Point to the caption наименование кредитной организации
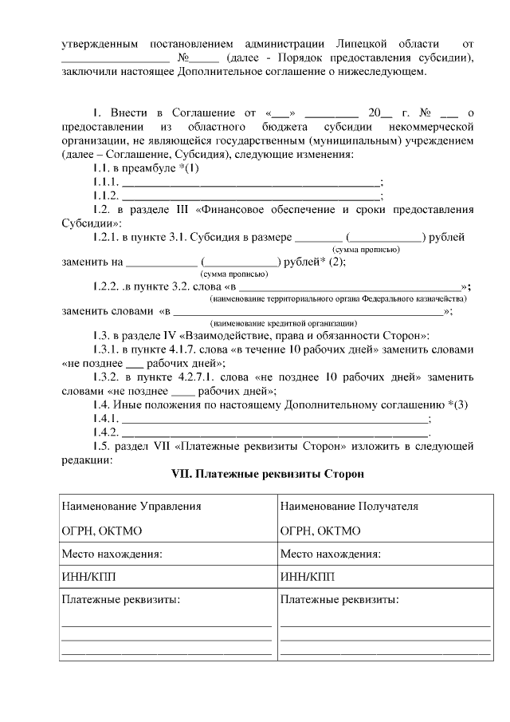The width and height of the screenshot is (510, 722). (284, 324)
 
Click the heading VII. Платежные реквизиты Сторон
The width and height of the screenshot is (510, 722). (268, 475)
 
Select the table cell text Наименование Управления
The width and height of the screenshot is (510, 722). (131, 506)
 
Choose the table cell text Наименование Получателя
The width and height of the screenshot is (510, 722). (349, 506)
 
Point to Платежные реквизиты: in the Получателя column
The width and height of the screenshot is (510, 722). (339, 599)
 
